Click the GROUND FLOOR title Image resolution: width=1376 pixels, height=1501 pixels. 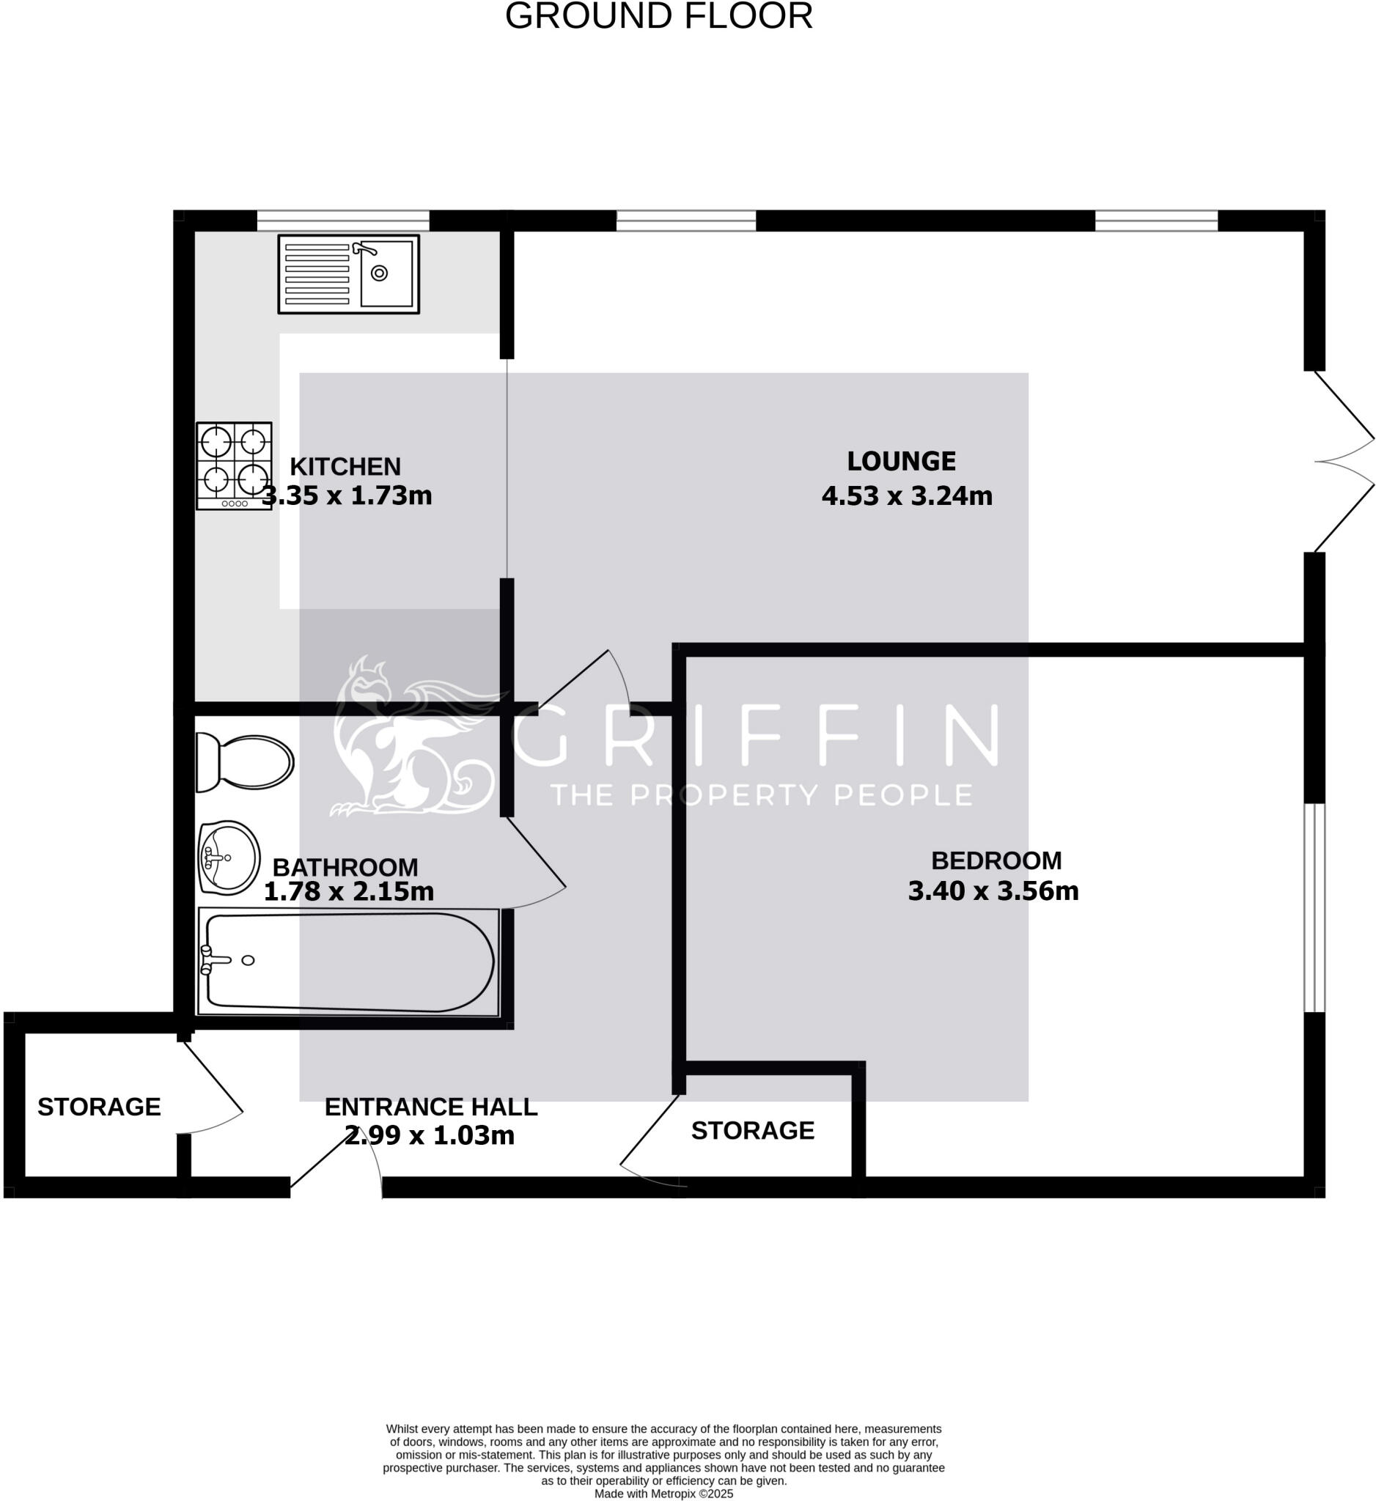pos(658,16)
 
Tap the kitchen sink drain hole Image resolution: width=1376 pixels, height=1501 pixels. pos(379,273)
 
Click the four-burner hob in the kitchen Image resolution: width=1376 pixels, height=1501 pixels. pos(234,465)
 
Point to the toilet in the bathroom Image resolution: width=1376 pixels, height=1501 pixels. pos(244,762)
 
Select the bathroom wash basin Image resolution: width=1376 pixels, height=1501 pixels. pos(229,858)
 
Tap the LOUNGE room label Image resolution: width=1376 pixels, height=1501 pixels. pos(901,462)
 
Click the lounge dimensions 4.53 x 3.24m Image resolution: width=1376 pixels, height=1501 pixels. pos(907,496)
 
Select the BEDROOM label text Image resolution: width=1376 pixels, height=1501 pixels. pos(996,860)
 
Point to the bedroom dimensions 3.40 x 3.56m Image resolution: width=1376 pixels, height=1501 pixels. pos(993,891)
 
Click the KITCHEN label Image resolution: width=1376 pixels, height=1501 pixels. pos(345,467)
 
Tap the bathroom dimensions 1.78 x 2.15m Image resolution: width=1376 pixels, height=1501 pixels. pos(348,891)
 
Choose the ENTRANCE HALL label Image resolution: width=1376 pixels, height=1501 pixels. pos(431,1107)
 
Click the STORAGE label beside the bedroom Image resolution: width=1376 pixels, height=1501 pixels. pos(753,1131)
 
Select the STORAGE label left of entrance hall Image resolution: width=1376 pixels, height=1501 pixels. pos(99,1107)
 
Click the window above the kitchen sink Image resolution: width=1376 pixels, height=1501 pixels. pos(343,221)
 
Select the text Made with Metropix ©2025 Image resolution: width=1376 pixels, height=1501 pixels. pos(663,1494)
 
